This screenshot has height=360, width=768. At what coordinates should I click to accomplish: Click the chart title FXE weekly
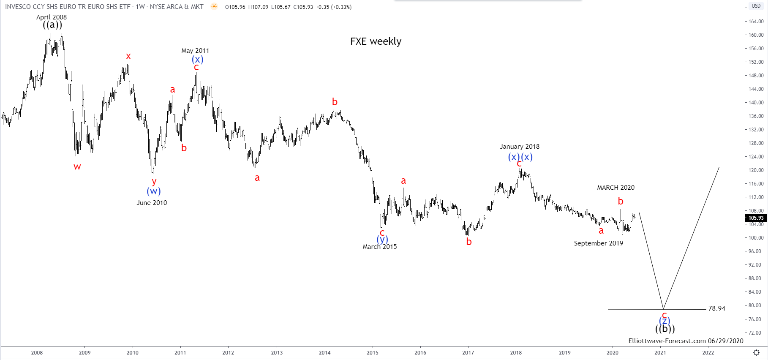coord(376,41)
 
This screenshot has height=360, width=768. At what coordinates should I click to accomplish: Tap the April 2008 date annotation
coord(52,17)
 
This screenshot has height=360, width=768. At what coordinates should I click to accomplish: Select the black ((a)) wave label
coord(52,25)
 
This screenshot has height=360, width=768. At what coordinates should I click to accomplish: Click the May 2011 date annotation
coord(195,51)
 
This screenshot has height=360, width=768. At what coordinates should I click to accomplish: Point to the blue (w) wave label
coord(154,191)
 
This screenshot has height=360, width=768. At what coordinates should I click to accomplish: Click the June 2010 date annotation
coord(152,203)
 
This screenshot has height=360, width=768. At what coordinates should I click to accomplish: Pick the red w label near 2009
coord(77,166)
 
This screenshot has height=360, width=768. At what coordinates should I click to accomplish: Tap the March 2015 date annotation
coord(379,247)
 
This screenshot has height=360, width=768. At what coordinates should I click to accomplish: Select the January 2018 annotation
coord(520,147)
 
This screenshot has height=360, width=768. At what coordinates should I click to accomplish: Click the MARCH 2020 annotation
coord(615,188)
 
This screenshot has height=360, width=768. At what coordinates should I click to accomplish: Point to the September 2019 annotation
coord(598,243)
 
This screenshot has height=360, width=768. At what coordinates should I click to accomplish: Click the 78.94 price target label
coord(716,308)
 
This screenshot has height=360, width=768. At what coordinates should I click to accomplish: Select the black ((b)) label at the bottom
coord(665,329)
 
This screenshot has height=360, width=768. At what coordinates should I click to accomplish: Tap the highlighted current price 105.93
coord(756,218)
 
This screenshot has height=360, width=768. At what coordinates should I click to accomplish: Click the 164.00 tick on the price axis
coord(756,22)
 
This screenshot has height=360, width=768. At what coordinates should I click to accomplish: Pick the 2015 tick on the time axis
coord(373,352)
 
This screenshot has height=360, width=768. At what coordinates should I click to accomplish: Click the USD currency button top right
coord(756,6)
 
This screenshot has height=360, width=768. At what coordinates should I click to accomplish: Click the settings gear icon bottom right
coord(756,352)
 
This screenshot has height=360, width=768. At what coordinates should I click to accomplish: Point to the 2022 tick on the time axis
coord(708,352)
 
